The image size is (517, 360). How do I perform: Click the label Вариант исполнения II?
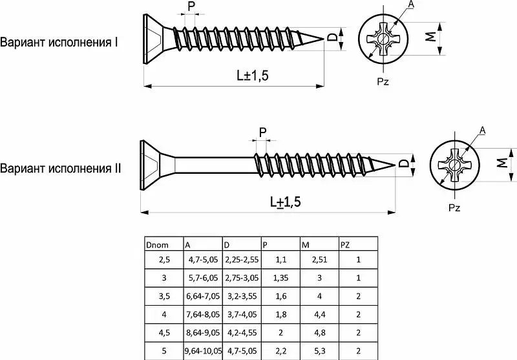(x=61, y=169)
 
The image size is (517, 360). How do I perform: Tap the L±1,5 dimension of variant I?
(x=252, y=76)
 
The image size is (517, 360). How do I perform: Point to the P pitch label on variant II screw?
(x=262, y=132)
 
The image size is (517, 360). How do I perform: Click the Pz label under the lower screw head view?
(x=454, y=208)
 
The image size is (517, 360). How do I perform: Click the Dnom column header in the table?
(x=158, y=245)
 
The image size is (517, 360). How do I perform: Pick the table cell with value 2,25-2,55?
(x=241, y=260)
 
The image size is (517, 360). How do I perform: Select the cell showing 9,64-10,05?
(x=203, y=352)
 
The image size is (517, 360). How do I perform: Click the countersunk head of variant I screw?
(x=153, y=38)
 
